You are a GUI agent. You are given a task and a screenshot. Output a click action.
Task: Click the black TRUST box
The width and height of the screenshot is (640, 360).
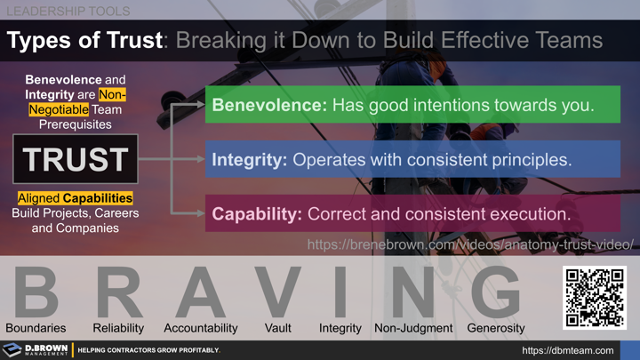coord(76,159)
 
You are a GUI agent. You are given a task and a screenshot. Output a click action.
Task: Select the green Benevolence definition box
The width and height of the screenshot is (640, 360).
coord(412,105)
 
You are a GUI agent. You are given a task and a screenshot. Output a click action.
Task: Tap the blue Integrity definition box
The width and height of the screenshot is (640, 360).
coord(412,159)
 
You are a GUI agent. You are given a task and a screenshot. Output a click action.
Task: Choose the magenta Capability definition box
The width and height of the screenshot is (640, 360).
coord(412,213)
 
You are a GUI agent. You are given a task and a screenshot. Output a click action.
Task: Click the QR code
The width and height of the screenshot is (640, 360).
coord(595,297)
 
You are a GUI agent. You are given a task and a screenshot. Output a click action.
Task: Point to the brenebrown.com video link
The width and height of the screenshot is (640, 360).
coord(470,244)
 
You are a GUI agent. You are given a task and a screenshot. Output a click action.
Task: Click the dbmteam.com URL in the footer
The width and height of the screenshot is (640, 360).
coord(567,350)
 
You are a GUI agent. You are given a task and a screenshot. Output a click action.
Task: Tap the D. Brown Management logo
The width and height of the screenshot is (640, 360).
coord(36,349)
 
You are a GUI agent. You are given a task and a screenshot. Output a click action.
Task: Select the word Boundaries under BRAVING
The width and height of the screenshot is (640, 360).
coord(36,328)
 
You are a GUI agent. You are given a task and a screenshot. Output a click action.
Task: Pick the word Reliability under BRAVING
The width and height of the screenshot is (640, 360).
coord(118,328)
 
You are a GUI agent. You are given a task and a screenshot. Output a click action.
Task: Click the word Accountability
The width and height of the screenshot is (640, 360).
coord(201,328)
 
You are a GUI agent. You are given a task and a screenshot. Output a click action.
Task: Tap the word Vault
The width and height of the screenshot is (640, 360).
coord(278,328)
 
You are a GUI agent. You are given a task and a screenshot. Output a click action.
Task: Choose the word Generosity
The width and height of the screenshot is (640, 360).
coord(496,328)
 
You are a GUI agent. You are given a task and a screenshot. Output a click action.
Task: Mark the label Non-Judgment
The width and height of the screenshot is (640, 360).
coord(413,328)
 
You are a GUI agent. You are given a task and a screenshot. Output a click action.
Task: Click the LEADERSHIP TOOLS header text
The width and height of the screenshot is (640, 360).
coord(68,12)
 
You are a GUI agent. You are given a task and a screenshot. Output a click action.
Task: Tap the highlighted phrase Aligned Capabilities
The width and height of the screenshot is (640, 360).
coord(76,198)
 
